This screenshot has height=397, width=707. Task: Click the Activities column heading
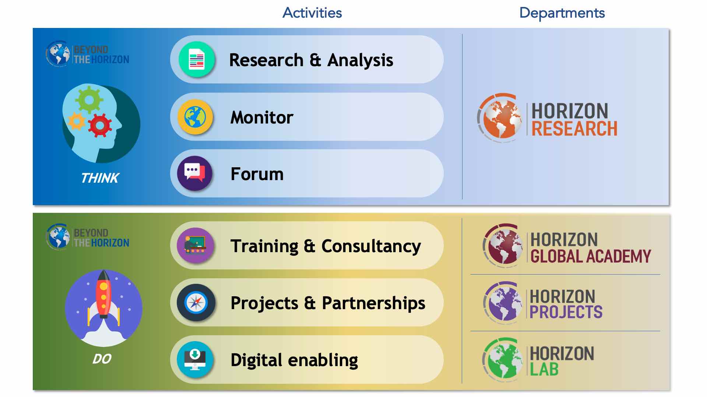coord(312,13)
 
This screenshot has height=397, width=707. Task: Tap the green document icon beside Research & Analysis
coord(197,59)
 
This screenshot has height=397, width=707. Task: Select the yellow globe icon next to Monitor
coord(195,117)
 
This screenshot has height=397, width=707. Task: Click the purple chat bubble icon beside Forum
coord(195,173)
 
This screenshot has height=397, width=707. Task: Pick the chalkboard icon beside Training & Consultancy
coord(195,245)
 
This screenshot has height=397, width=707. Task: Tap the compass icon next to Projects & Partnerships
coord(196,303)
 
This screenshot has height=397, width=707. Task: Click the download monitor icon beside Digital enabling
coord(195,360)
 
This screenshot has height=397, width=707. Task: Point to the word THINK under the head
coord(100,178)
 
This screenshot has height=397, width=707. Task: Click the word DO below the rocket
coord(102,358)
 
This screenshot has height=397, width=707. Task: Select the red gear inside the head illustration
coord(99,125)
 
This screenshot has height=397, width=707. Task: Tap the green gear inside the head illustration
coord(89,99)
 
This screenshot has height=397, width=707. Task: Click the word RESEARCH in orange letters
coord(574,129)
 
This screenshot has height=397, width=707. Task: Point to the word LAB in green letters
coord(544,369)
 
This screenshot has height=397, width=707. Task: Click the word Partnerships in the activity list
coord(373,304)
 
